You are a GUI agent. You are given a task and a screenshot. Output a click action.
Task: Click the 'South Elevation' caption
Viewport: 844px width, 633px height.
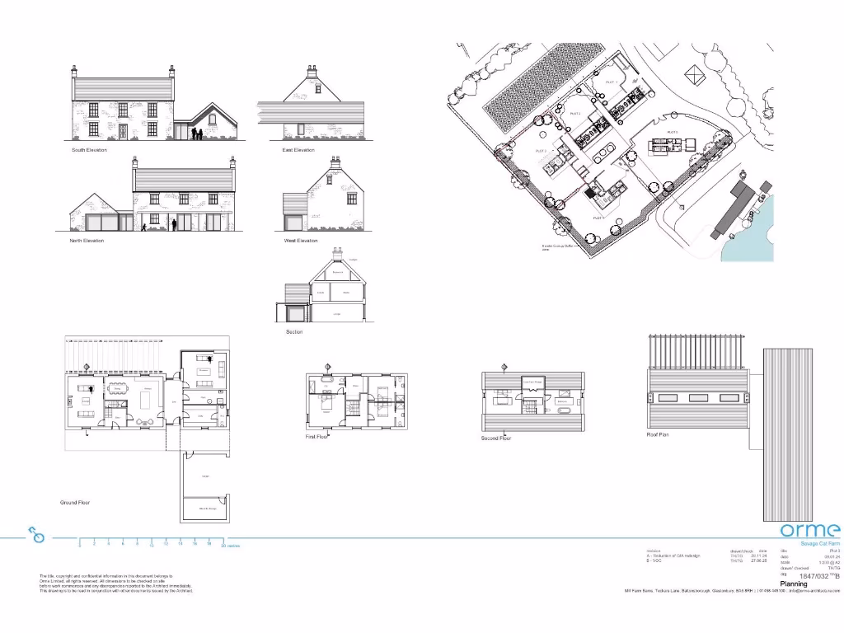pos(89,150)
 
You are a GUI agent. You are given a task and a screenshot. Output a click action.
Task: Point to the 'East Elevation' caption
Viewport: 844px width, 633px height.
pos(298,150)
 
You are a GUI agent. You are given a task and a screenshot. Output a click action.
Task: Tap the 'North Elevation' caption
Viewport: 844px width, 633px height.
pos(87,241)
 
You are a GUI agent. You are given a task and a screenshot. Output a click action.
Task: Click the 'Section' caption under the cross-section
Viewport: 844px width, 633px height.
pos(294,332)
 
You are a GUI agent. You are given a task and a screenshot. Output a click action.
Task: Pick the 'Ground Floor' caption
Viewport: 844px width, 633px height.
pos(75,502)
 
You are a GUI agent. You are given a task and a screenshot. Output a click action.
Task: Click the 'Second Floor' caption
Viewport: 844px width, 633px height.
pos(496,438)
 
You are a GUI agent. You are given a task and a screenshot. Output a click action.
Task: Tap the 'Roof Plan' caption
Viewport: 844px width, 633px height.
pos(658,434)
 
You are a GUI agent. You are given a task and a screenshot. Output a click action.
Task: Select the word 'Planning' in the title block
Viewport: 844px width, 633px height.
pos(794,584)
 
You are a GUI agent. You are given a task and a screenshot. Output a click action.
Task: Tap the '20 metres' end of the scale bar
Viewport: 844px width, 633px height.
pos(229,545)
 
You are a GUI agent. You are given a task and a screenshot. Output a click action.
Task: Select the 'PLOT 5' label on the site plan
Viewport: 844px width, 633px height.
pos(672,132)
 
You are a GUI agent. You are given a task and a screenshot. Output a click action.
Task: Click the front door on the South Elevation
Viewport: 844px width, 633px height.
pos(123,132)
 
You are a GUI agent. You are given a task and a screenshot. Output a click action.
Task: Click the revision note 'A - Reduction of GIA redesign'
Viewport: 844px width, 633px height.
pos(673,556)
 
